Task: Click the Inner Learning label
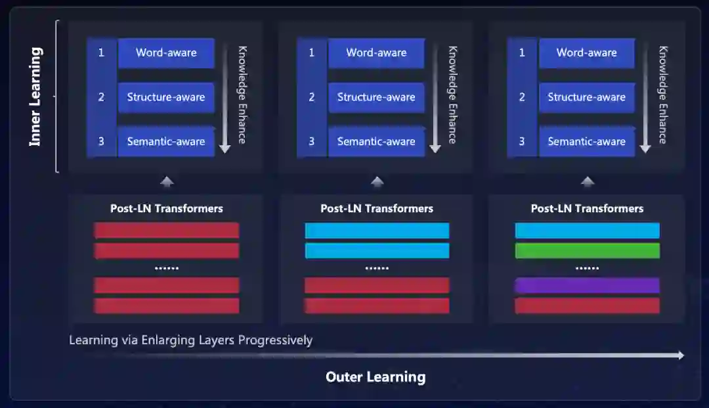click(x=35, y=97)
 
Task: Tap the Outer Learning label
click(x=376, y=377)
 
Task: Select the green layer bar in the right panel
click(x=587, y=250)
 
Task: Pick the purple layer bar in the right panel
click(x=587, y=285)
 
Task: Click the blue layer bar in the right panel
click(x=587, y=231)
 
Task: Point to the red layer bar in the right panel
click(x=587, y=306)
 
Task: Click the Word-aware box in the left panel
click(x=166, y=53)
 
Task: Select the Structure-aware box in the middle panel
click(x=376, y=97)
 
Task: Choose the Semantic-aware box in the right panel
click(x=587, y=141)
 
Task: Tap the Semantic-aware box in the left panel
click(x=166, y=141)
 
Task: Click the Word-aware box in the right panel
click(x=587, y=53)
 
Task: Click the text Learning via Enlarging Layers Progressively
click(x=190, y=340)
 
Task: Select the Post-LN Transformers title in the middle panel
click(x=377, y=209)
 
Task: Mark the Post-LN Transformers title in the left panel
click(x=167, y=209)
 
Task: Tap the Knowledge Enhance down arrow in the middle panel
click(x=435, y=99)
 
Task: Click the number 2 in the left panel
click(x=101, y=97)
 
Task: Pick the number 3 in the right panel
click(x=522, y=141)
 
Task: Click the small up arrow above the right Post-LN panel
click(x=588, y=182)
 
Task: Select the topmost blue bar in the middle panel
click(x=377, y=231)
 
